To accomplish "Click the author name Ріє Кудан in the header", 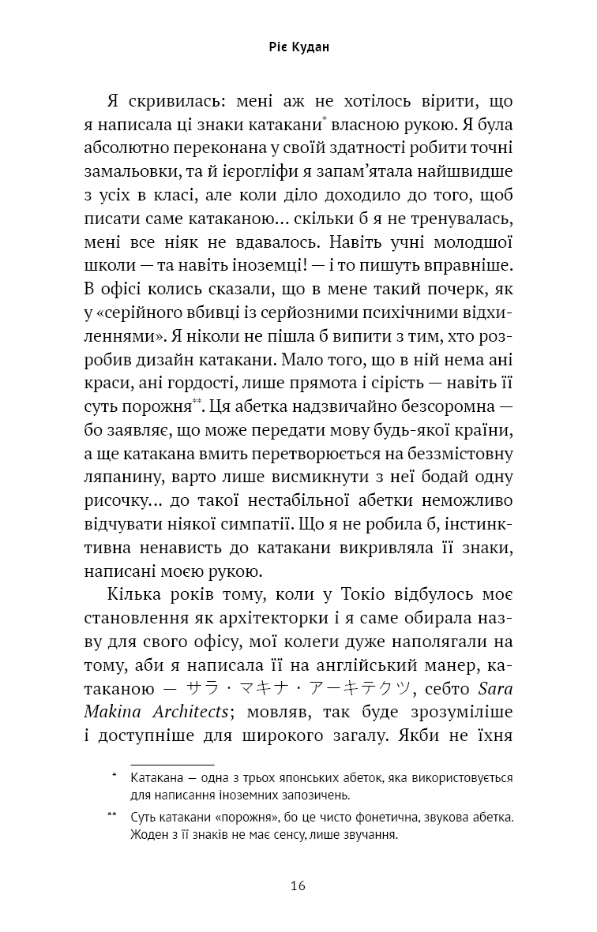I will pos(298,47).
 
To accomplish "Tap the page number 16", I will pos(298,885).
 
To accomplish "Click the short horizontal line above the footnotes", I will pos(162,765).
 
